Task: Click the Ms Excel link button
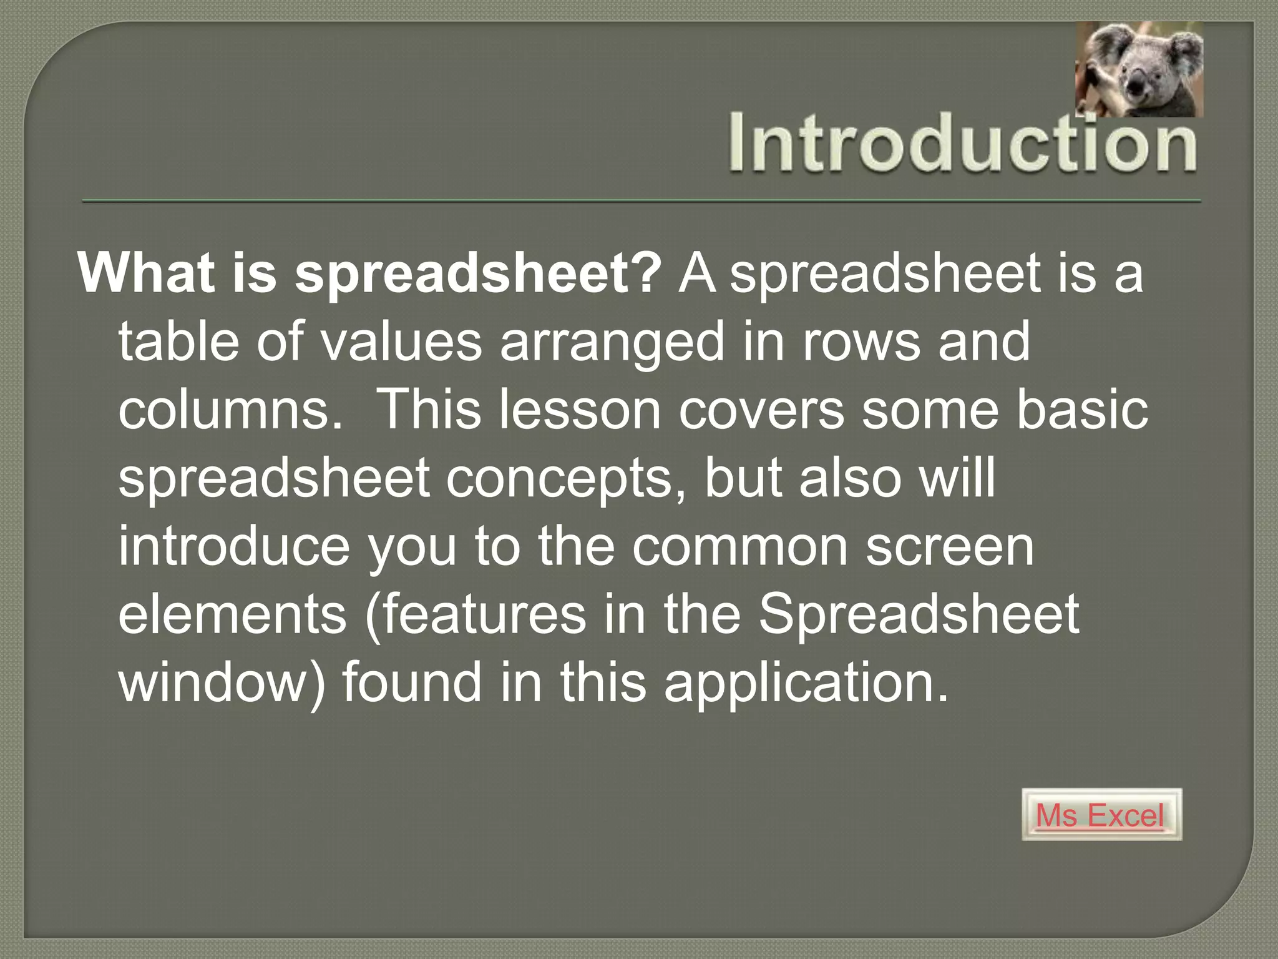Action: (1101, 815)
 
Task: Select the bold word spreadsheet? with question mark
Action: (477, 275)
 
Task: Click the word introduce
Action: (233, 546)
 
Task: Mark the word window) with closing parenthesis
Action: (222, 683)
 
